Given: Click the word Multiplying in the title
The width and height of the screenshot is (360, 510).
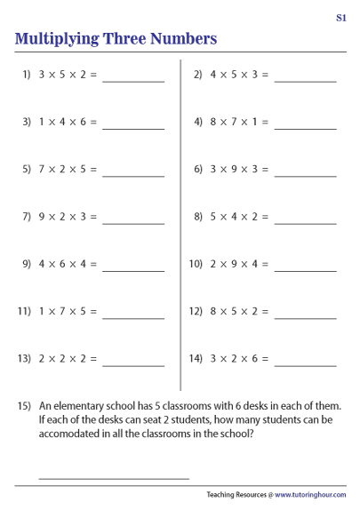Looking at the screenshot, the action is [60, 39].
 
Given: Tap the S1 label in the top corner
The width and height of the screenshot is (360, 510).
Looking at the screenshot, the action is [341, 17].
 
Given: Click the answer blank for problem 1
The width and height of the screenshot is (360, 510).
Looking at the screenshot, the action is [133, 80].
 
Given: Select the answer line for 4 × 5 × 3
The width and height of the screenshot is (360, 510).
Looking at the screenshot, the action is [306, 80].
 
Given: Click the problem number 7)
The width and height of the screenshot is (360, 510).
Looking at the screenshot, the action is [27, 217].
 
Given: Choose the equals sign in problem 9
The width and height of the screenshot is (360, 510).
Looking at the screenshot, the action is [93, 264].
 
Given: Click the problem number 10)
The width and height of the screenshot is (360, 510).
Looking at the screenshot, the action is [196, 264].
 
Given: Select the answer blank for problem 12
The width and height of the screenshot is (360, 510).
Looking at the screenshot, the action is [306, 315].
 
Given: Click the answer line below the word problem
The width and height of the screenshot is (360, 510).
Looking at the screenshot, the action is [114, 477].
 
